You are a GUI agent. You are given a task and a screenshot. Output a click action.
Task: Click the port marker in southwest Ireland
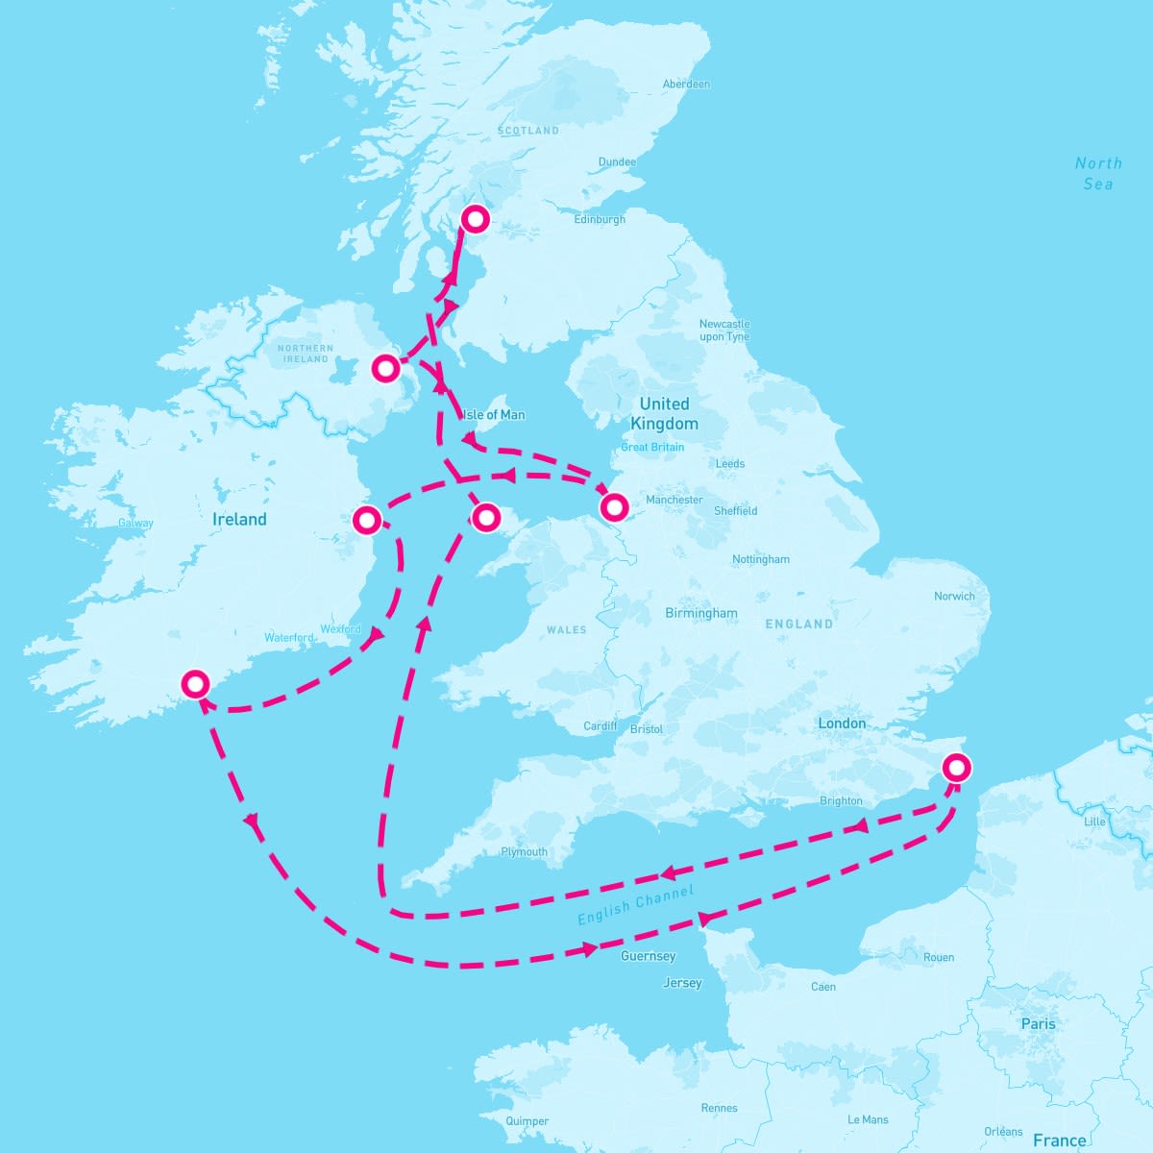coord(196,684)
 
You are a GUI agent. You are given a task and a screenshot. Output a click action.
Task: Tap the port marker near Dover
coord(956,768)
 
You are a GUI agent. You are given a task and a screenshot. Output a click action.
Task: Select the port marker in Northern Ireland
coord(385,368)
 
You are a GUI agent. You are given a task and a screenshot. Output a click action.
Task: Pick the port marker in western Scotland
coord(475,219)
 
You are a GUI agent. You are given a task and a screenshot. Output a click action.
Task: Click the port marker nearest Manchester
coord(613,505)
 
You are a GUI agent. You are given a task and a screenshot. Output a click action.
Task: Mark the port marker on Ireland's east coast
coord(366,521)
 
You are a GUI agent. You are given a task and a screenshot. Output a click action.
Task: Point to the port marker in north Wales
coord(486,518)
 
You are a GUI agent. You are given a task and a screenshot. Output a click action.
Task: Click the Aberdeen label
coord(686,85)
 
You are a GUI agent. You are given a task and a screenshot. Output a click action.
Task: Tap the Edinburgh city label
coord(600,220)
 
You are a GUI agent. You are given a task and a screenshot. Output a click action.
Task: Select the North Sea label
coord(1098,173)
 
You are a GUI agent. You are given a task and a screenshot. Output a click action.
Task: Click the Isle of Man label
coord(495,415)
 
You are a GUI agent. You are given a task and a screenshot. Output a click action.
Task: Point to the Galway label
coord(135,524)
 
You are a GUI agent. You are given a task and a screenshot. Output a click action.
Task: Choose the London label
coord(842,724)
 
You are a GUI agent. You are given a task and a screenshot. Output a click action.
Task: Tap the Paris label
coord(1038,1024)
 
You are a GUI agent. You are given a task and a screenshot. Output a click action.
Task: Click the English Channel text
coord(635,906)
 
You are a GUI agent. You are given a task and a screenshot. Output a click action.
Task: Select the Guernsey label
coord(648,956)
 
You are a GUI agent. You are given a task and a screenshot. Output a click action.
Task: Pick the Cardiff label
coord(601,726)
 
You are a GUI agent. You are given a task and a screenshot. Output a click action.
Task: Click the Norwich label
coord(954,597)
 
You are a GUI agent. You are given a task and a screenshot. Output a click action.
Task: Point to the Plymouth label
coord(524,852)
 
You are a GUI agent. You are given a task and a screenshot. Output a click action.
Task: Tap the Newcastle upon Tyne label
coord(724,331)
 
